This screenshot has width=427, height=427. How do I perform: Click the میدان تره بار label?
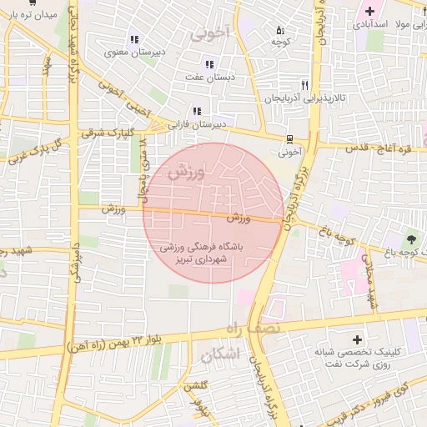coord(31,15)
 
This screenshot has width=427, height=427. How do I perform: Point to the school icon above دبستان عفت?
coord(208,64)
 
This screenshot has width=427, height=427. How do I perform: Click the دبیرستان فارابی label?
coord(197,123)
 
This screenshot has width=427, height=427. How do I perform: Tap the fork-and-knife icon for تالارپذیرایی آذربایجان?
coord(305,85)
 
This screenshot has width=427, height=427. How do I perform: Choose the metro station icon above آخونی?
coord(289,139)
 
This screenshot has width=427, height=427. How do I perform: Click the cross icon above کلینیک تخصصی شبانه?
coord(358,339)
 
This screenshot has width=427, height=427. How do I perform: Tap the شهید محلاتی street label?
coord(370,284)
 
